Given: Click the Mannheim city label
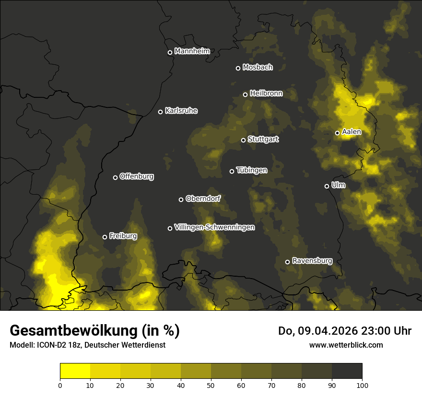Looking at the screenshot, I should click(x=192, y=51).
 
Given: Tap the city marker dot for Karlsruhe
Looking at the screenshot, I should click(x=161, y=112).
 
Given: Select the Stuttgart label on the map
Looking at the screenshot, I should click(x=263, y=140).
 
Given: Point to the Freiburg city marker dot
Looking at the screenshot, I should click(x=105, y=237).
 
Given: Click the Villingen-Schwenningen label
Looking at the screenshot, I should click(x=214, y=227).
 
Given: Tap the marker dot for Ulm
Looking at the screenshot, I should click(x=327, y=186).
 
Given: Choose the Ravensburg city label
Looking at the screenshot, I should click(x=312, y=261).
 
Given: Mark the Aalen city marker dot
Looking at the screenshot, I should click(x=338, y=133).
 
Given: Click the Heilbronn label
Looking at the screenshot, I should click(x=266, y=94).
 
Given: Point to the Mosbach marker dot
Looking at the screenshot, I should click(x=238, y=68).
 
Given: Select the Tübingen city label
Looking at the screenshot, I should click(x=252, y=170).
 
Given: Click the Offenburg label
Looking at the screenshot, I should click(x=137, y=176).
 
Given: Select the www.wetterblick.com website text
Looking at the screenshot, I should click(x=346, y=345).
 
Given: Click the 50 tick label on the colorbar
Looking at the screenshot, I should click(x=211, y=385).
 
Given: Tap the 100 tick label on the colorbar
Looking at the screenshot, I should click(x=362, y=385).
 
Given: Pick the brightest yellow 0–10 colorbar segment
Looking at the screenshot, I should click(x=75, y=371).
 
